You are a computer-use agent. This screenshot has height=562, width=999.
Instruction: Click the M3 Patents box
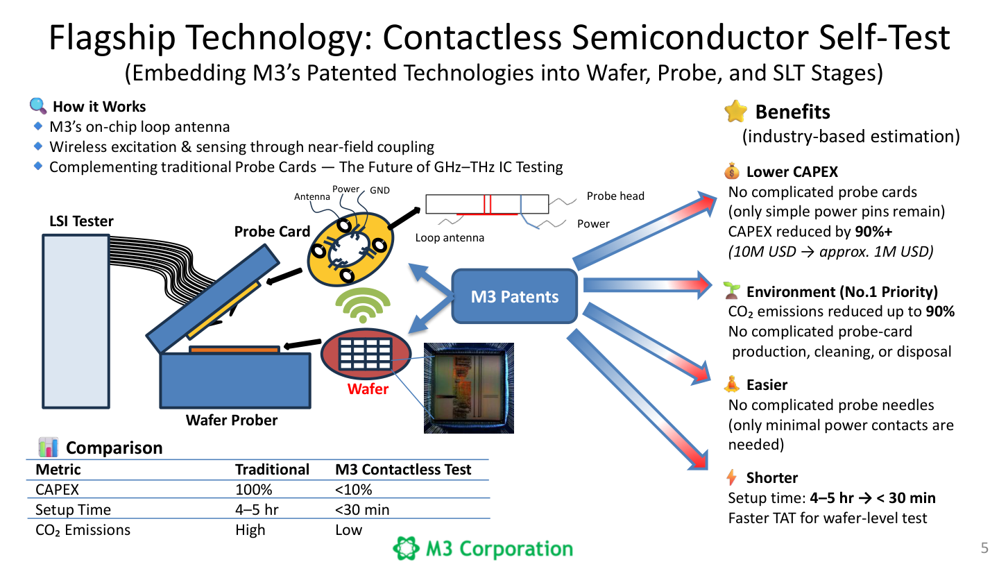point(514,297)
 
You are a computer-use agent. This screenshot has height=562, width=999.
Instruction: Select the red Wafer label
point(368,389)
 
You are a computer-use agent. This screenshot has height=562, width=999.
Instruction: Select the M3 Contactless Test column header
point(403,469)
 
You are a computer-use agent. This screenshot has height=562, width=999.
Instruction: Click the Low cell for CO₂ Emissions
point(348,530)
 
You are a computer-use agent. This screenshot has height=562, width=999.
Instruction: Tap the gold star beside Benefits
point(735,112)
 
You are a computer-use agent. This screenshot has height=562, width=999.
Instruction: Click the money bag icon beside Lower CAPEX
point(732,171)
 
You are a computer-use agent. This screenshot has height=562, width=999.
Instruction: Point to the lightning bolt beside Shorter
point(732,477)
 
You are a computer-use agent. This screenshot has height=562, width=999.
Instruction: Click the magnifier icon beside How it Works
point(37,106)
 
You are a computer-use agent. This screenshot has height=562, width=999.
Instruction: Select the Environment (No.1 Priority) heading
point(842,291)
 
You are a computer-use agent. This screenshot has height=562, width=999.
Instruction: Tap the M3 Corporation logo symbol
point(407,549)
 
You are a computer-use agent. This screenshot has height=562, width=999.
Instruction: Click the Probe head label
point(615,196)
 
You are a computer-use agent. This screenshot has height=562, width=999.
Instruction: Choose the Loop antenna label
point(450,238)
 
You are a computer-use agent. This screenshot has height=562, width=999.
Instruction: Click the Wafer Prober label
point(231,420)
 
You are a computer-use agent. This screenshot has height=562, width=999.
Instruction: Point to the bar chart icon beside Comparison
point(48,447)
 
